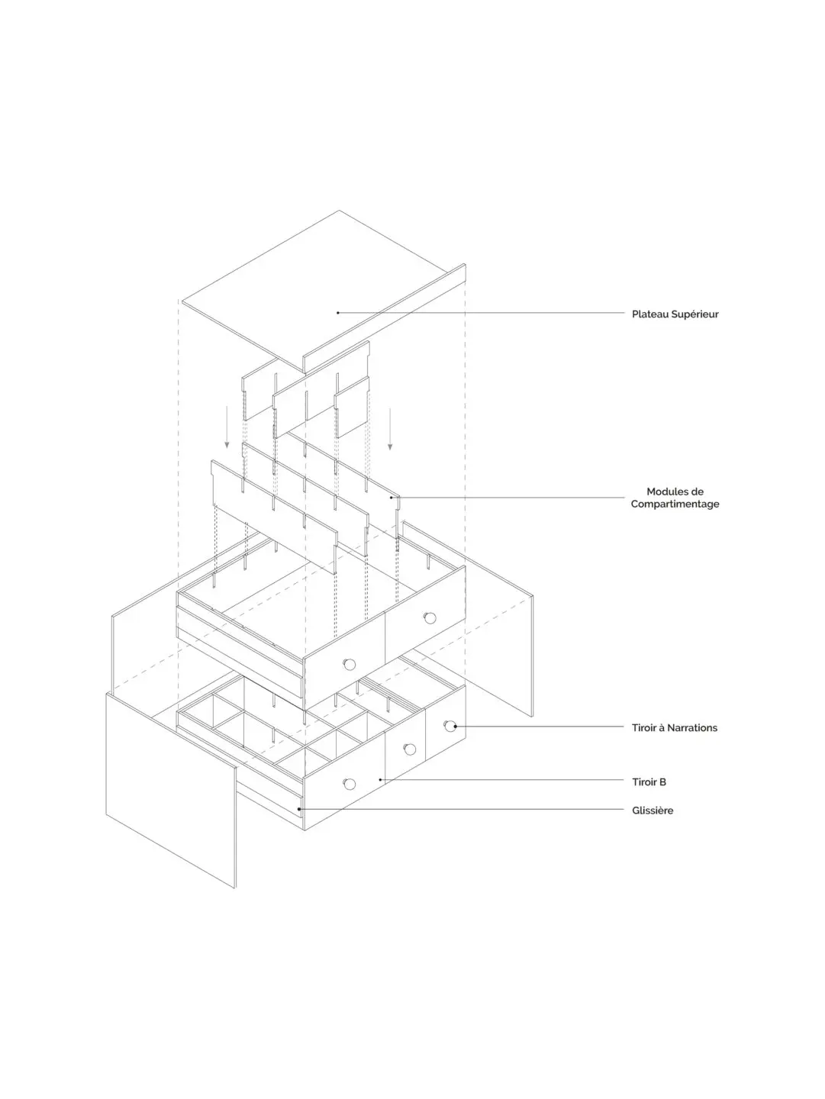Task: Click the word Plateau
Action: point(649,314)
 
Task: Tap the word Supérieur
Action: point(694,315)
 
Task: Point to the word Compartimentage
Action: point(675,504)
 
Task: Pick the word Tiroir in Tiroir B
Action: point(644,782)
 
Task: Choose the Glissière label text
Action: point(653,811)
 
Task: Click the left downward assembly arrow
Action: point(227,427)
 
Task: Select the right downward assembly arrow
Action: point(390,429)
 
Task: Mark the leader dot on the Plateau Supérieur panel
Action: point(338,313)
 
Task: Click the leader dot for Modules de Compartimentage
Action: point(392,498)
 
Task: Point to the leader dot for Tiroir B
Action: point(381,779)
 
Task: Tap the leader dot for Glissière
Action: point(299,809)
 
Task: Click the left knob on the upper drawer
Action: point(350,665)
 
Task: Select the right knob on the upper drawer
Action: point(430,618)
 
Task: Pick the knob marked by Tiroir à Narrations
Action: point(450,726)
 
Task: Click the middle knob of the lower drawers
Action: point(410,749)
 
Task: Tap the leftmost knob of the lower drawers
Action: point(350,784)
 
